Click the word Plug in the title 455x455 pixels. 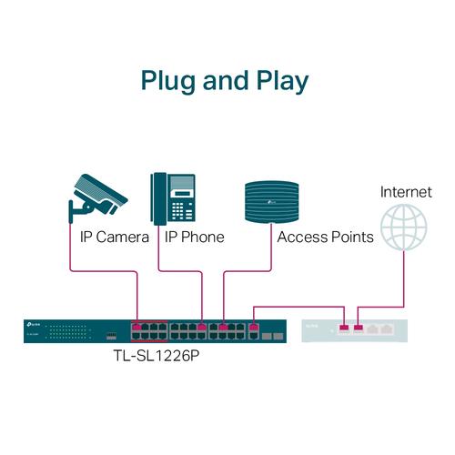click(170, 81)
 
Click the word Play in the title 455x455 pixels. click(279, 81)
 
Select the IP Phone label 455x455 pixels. click(194, 237)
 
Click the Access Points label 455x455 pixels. click(325, 237)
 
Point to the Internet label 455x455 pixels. click(405, 192)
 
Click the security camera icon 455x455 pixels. click(97, 197)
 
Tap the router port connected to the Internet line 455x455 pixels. click(359, 327)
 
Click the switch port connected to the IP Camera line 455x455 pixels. click(136, 326)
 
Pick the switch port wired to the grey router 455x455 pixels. click(253, 326)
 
